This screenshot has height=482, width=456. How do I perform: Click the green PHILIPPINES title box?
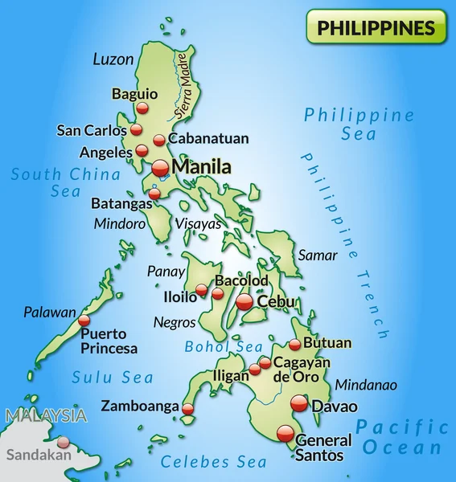click(376, 27)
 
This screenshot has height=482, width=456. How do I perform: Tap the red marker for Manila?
click(160, 168)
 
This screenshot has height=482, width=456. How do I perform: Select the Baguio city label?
click(134, 93)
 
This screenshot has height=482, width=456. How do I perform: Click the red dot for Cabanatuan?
click(159, 140)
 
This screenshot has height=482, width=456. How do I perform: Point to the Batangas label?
click(121, 204)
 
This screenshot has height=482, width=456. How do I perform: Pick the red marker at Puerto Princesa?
click(84, 321)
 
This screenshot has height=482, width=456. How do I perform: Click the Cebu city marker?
click(245, 302)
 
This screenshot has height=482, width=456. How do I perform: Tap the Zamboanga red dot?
click(187, 409)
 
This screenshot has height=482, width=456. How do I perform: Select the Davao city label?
click(334, 406)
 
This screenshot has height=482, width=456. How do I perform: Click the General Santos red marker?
click(286, 433)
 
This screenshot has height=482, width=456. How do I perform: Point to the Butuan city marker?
click(295, 345)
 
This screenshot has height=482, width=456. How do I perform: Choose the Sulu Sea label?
click(113, 377)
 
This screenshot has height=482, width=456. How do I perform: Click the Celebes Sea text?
click(213, 462)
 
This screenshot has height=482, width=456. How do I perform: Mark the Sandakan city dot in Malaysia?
click(64, 441)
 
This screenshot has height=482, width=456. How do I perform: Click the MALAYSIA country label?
click(45, 416)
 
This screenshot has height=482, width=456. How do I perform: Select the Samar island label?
click(317, 255)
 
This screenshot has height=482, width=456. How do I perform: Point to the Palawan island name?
click(49, 312)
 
